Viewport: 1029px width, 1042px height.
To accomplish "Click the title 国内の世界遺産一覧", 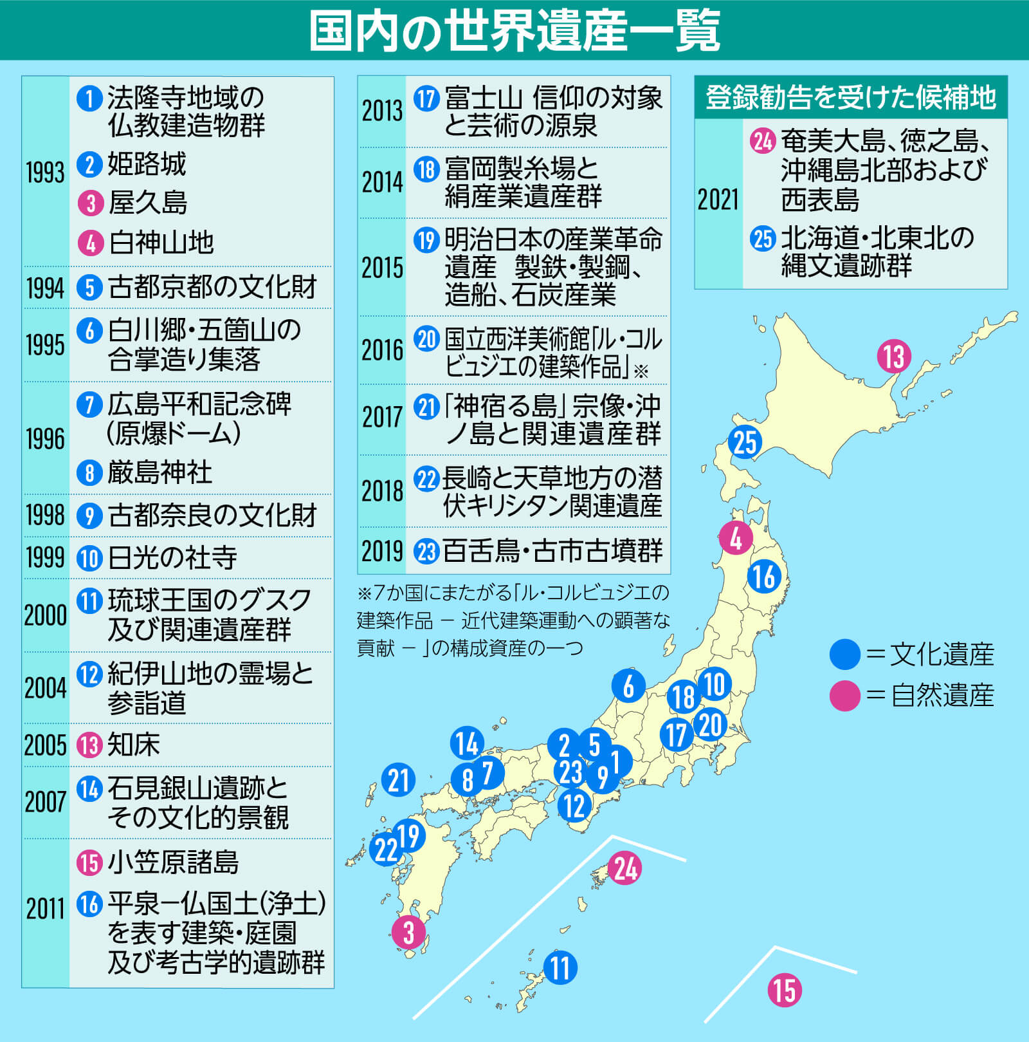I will click(514, 30).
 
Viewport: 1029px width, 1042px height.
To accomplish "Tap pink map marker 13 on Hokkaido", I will click(894, 357).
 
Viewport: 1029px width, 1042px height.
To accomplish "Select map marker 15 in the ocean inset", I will click(785, 991).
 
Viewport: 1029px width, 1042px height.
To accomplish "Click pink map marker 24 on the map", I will click(624, 868).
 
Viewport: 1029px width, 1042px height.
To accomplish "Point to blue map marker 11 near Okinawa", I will click(560, 967).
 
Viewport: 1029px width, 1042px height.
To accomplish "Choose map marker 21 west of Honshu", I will click(398, 780).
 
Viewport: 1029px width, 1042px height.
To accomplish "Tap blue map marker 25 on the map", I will click(745, 443).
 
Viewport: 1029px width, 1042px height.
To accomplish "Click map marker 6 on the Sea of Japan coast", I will click(628, 686).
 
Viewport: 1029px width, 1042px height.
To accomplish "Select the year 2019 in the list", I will click(382, 552).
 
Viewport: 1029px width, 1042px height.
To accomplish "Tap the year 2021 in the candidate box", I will click(718, 200).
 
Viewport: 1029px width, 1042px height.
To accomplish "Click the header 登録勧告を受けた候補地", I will click(850, 98).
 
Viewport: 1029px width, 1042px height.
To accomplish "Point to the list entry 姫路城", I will click(147, 165).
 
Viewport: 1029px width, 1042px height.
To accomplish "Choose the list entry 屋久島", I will click(148, 203).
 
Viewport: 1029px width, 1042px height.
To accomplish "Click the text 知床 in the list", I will click(134, 745).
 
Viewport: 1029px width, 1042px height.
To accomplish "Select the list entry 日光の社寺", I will click(172, 558).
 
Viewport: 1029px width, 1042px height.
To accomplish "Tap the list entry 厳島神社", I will click(159, 473).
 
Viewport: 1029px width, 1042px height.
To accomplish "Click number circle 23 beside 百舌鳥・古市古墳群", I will click(426, 552).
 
